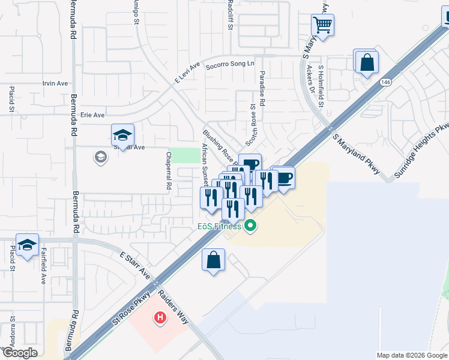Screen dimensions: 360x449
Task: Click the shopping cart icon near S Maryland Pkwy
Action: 322,25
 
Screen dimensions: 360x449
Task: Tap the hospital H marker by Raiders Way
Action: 160,317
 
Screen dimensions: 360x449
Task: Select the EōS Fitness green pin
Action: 250,226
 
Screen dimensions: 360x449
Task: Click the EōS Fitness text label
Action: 220,226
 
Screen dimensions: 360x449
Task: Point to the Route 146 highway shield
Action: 385,82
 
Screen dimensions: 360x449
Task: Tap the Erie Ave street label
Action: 92,115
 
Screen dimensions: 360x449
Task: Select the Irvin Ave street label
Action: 55,83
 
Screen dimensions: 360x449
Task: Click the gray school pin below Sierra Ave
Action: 100,158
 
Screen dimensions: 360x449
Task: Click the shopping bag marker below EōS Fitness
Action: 213,260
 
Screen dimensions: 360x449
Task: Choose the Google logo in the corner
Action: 19,353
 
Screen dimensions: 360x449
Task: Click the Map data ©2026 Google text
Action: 412,355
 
